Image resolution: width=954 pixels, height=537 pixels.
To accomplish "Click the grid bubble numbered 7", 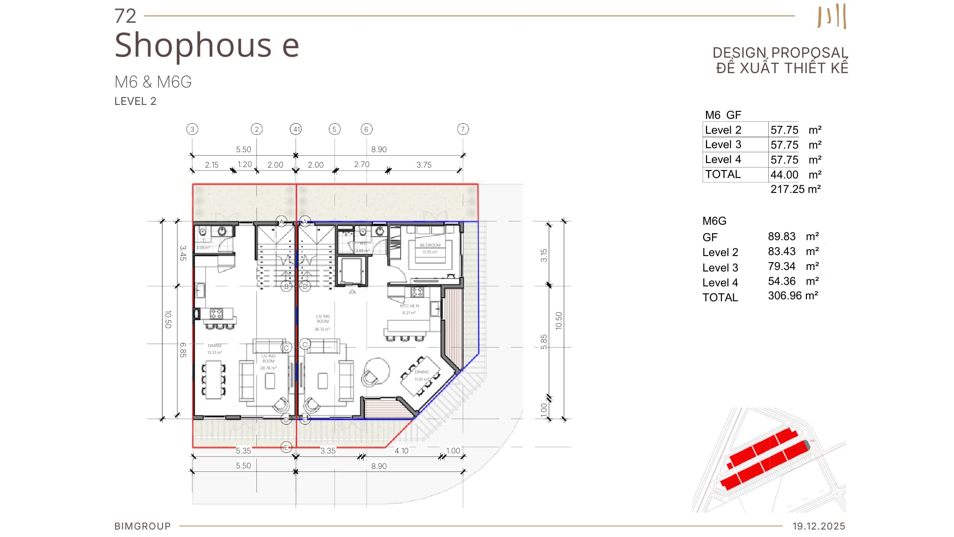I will (463, 129).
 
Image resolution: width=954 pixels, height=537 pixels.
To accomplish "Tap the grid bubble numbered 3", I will (192, 129).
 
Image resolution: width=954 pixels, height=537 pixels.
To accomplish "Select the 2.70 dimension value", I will (362, 164).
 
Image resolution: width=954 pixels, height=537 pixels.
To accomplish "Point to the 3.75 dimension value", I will (424, 165).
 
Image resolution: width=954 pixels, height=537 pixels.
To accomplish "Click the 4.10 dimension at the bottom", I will (401, 450).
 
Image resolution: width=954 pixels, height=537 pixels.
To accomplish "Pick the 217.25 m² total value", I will (795, 189).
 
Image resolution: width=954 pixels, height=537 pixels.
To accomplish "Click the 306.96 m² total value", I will (793, 296).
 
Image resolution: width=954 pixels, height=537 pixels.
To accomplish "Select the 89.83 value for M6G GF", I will (782, 237).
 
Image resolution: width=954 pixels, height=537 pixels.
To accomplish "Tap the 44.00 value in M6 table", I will (784, 175).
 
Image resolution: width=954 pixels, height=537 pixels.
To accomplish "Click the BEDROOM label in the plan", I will (430, 245).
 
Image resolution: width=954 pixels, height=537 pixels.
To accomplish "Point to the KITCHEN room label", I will (409, 306).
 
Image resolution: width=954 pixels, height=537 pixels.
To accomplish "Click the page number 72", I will (125, 16).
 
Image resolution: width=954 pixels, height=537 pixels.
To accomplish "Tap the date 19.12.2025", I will (818, 526).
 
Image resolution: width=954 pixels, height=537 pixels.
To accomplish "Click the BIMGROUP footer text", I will (143, 526).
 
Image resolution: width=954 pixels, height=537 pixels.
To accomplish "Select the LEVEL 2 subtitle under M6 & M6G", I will (135, 101).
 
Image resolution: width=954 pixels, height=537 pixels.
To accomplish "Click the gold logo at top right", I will (832, 16).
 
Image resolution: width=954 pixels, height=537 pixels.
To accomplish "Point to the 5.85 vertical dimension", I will (544, 342).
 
